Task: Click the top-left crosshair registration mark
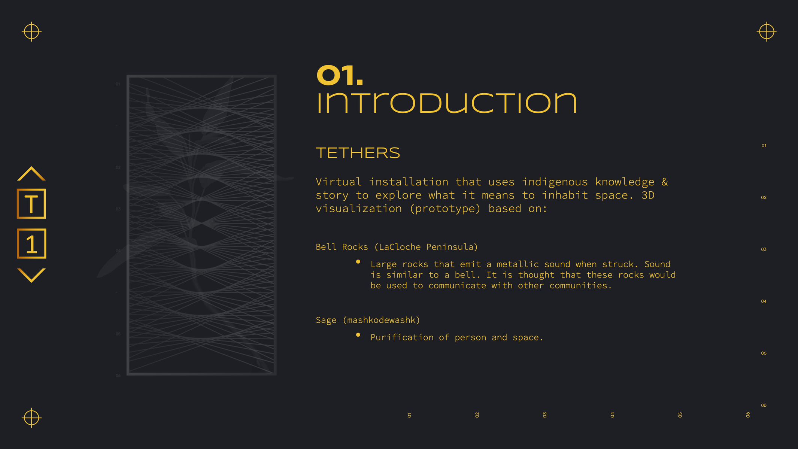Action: [31, 31]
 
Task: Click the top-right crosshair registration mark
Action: [766, 31]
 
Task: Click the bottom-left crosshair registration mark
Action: [31, 418]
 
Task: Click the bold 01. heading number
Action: [340, 75]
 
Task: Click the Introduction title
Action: [446, 103]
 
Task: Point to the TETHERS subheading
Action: [358, 153]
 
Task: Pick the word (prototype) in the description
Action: [445, 209]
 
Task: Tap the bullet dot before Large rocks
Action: [358, 262]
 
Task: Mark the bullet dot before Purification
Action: [358, 335]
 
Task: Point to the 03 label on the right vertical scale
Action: [764, 249]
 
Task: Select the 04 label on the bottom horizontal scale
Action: [612, 415]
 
